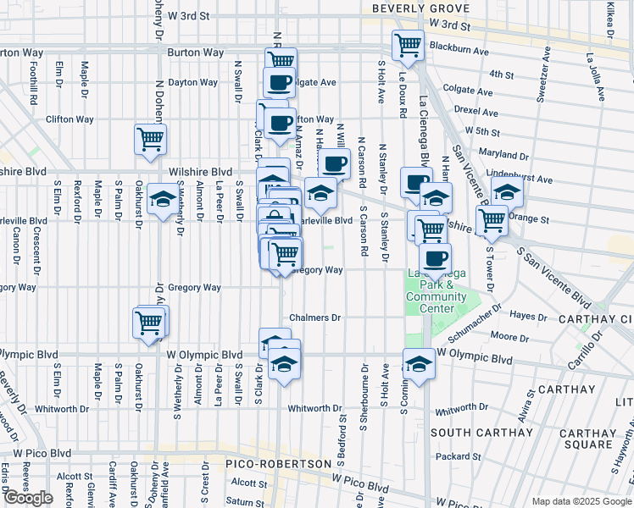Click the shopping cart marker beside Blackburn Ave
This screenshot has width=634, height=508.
[x=408, y=44]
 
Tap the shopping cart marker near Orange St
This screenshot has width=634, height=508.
[x=492, y=220]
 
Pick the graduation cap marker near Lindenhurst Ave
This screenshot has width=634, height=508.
[x=507, y=191]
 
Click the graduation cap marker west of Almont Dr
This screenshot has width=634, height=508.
[x=161, y=199]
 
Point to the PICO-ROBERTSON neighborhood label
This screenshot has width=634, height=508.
[x=278, y=464]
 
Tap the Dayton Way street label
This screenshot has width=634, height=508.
[x=192, y=82]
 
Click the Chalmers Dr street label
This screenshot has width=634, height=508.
[x=314, y=317]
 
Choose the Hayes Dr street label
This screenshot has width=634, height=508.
[x=529, y=315]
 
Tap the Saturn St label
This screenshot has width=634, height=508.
[x=245, y=501]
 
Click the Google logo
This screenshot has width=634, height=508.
[x=28, y=498]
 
